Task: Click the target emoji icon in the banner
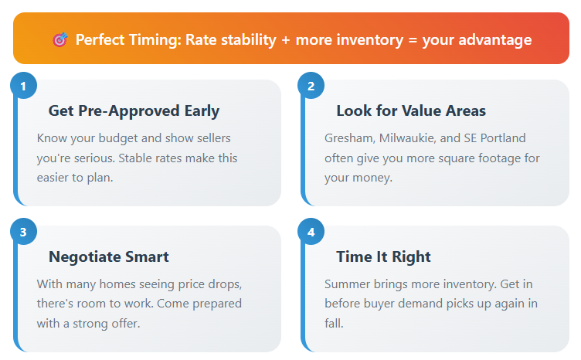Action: pyautogui.click(x=60, y=39)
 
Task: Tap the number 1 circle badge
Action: pyautogui.click(x=23, y=86)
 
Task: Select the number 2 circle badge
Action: pyautogui.click(x=311, y=86)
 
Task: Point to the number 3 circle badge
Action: pyautogui.click(x=23, y=232)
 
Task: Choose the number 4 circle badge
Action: pyautogui.click(x=311, y=232)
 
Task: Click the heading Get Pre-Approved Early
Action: pyautogui.click(x=134, y=110)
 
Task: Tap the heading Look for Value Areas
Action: pyautogui.click(x=411, y=110)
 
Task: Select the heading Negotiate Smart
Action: pyautogui.click(x=109, y=256)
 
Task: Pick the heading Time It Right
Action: pyautogui.click(x=383, y=256)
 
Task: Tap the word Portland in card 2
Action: pyautogui.click(x=503, y=138)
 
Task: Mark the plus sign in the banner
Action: pyautogui.click(x=286, y=40)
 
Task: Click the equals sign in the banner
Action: pyautogui.click(x=413, y=40)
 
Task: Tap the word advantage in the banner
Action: pyautogui.click(x=495, y=40)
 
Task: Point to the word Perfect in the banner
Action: pyautogui.click(x=100, y=39)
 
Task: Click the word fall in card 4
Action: pyautogui.click(x=334, y=324)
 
